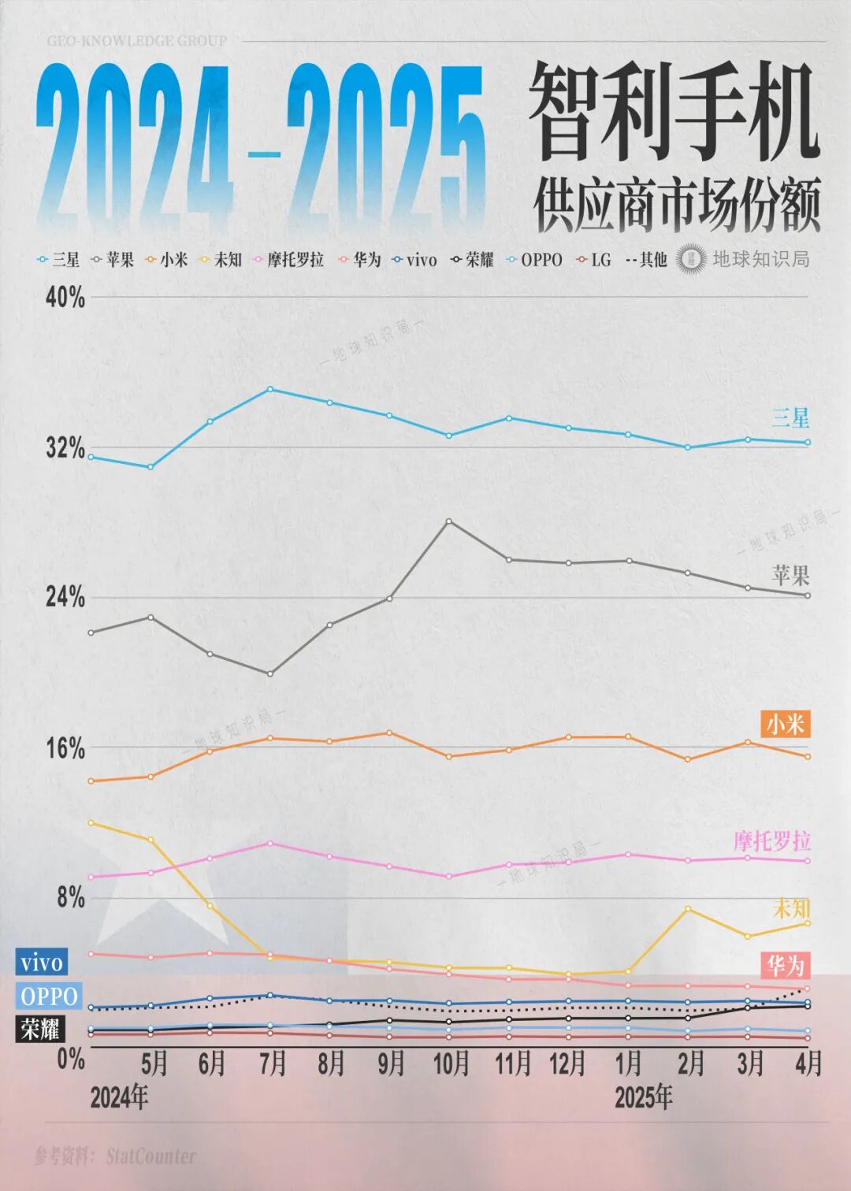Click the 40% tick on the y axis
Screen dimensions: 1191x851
pyautogui.click(x=65, y=298)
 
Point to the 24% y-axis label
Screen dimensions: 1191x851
pyautogui.click(x=65, y=597)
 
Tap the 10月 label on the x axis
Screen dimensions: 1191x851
pyautogui.click(x=451, y=1064)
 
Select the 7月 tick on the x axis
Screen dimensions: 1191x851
pyautogui.click(x=272, y=1064)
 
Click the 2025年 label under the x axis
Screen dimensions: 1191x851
pyautogui.click(x=643, y=1097)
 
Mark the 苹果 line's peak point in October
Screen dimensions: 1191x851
pyautogui.click(x=449, y=521)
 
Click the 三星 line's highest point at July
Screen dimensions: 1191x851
pyautogui.click(x=270, y=389)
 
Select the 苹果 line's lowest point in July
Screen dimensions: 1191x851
pyautogui.click(x=270, y=674)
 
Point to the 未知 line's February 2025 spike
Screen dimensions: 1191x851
pyautogui.click(x=688, y=909)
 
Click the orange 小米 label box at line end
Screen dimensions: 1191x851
pyautogui.click(x=785, y=724)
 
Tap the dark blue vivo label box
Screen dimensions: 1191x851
pyautogui.click(x=41, y=963)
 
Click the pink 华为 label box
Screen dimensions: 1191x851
pyautogui.click(x=785, y=965)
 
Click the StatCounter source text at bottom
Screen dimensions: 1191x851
pyautogui.click(x=150, y=1156)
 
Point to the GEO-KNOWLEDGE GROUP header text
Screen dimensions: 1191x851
pyautogui.click(x=136, y=41)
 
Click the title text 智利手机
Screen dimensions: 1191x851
pyautogui.click(x=674, y=112)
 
